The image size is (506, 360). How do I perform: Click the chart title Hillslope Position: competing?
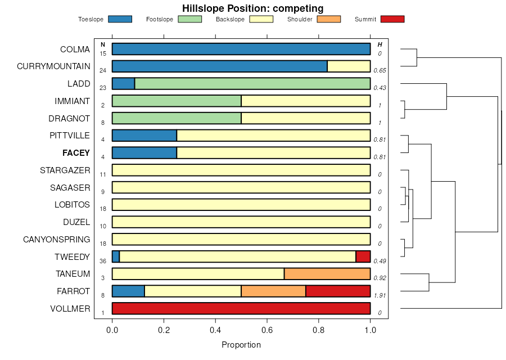click(252, 8)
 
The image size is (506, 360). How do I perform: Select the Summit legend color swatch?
click(392, 19)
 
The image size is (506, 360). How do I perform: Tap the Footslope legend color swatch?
click(189, 19)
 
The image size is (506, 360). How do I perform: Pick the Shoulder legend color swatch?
click(329, 19)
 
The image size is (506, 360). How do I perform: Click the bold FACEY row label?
click(76, 153)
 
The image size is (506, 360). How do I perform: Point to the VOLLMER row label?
click(70, 309)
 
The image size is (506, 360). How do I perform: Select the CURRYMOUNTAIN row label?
click(53, 66)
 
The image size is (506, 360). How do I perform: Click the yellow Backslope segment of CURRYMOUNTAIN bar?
click(349, 66)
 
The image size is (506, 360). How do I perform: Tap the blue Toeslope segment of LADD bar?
click(123, 84)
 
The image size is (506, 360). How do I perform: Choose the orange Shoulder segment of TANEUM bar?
click(327, 274)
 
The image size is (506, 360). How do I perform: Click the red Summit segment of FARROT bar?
click(338, 291)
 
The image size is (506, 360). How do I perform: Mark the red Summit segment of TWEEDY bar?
click(363, 256)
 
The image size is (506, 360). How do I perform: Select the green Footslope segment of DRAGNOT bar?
click(177, 118)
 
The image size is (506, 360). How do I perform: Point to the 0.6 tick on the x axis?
click(267, 329)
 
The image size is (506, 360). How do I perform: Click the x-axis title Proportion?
click(241, 345)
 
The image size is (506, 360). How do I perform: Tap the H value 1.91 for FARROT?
click(380, 295)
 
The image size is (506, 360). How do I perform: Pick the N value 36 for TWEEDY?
click(103, 261)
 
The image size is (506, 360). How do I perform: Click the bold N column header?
click(103, 44)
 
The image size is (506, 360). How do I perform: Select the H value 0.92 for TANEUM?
click(380, 278)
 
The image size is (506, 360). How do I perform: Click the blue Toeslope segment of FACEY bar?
click(144, 153)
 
